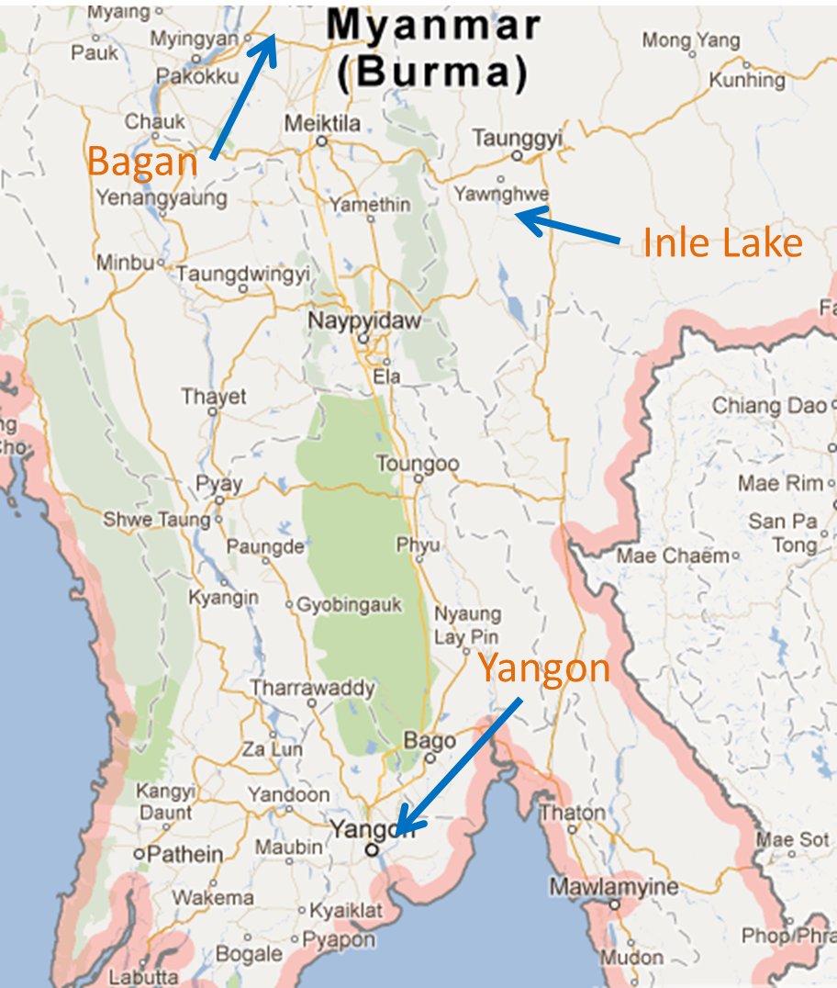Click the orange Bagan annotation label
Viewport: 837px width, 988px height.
142,163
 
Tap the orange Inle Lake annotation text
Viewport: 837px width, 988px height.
722,243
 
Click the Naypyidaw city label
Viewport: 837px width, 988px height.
364,321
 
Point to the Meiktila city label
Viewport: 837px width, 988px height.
322,123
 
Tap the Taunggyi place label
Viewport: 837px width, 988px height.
516,138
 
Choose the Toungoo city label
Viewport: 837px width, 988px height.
417,464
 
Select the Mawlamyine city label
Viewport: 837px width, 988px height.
614,887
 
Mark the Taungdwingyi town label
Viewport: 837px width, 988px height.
243,274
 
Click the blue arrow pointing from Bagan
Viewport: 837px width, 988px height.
243,97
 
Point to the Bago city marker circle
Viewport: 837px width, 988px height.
430,758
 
